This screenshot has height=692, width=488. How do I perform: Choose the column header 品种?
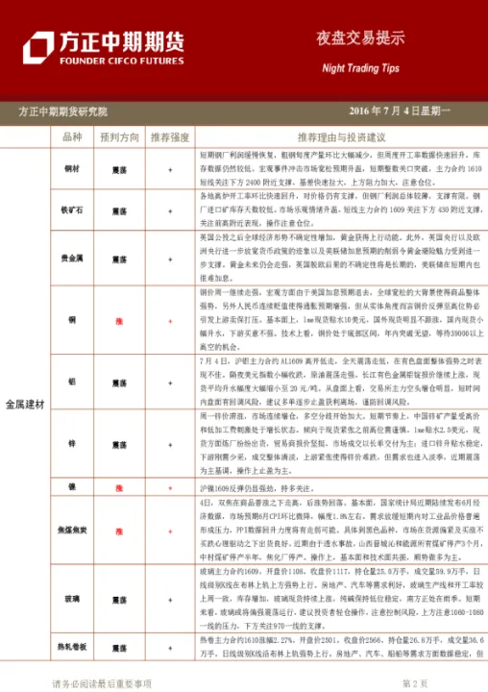(72, 137)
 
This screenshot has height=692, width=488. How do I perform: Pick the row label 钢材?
(72, 168)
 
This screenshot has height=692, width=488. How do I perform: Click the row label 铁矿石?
(72, 208)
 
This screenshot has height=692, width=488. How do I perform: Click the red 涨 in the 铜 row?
(119, 318)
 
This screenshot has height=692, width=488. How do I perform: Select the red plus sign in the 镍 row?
(170, 488)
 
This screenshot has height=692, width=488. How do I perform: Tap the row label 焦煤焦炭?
(72, 531)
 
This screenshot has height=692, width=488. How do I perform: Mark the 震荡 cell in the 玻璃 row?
(119, 598)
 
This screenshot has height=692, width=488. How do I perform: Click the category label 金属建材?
(26, 404)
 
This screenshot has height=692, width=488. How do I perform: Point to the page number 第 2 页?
(414, 683)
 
